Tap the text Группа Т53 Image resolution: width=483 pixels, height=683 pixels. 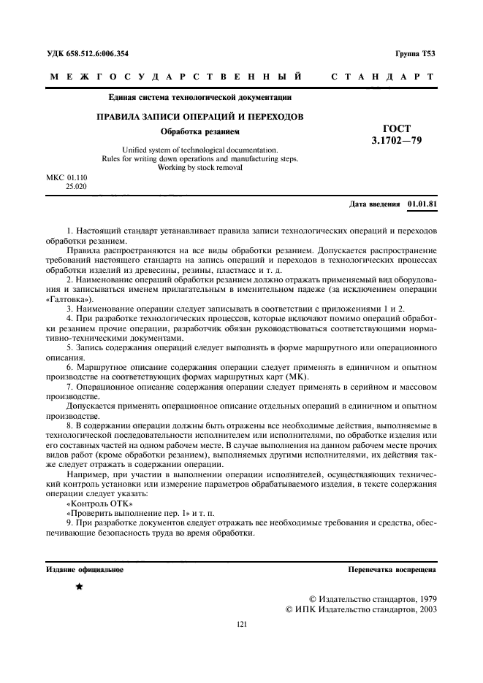click(415, 54)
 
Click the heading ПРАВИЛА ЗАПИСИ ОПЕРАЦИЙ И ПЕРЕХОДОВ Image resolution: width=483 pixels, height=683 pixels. click(201, 116)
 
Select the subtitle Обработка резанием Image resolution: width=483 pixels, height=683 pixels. click(200, 132)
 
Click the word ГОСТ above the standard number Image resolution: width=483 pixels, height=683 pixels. click(396, 127)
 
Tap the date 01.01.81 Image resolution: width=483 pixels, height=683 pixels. click(422, 204)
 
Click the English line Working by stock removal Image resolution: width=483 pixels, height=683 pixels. click(200, 167)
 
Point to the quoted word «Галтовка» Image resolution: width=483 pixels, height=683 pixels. click(69, 299)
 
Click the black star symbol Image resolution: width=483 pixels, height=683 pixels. click(79, 586)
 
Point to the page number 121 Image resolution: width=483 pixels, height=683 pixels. click(242, 624)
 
